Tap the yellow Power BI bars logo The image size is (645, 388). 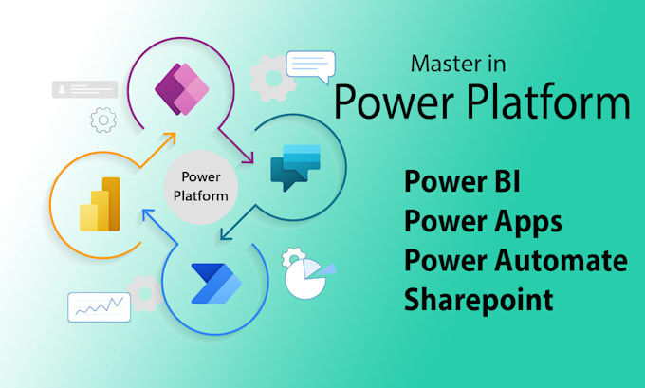point(101,204)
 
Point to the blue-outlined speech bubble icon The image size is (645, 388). point(310,66)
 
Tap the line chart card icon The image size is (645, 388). point(99,306)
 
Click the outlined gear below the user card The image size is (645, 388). point(102,120)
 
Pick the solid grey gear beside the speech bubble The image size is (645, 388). point(269,77)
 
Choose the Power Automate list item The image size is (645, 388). point(515,260)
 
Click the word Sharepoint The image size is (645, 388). point(478,299)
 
